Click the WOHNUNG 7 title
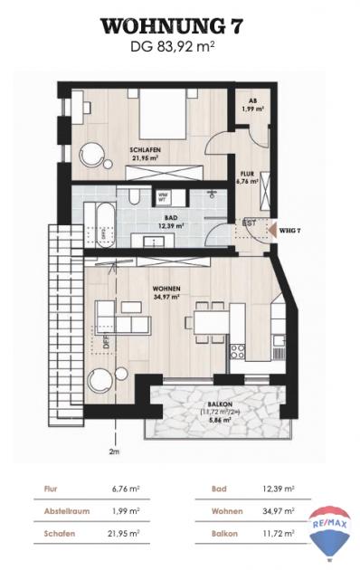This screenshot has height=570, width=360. coord(180,24)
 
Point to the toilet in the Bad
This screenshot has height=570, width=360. coord(133,199)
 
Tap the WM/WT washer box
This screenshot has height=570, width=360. coord(165,196)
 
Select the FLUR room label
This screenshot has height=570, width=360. coord(247,175)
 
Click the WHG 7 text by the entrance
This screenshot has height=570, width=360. coord(290,230)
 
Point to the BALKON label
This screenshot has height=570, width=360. coord(215,404)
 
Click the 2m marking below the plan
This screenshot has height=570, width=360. coord(113,450)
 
